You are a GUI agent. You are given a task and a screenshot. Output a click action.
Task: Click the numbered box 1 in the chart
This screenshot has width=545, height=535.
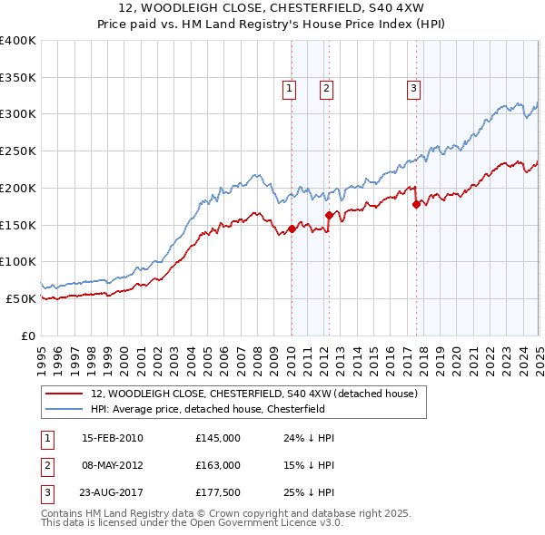click(289, 88)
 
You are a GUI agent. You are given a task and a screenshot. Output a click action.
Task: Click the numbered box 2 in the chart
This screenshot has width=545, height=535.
click(325, 88)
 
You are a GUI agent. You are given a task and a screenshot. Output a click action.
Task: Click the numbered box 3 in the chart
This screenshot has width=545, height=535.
click(413, 88)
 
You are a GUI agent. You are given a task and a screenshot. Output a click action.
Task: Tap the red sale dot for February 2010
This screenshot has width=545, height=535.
click(292, 229)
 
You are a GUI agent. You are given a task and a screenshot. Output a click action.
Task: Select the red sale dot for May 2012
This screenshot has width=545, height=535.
click(328, 215)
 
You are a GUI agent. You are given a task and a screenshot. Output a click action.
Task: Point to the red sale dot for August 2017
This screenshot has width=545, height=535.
click(416, 204)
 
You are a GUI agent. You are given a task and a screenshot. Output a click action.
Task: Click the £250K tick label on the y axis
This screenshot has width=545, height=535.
click(18, 151)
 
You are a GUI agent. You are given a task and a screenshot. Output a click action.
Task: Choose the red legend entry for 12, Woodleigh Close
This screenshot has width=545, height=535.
click(253, 394)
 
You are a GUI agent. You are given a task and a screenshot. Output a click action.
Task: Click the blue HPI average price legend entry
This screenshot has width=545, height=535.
click(217, 409)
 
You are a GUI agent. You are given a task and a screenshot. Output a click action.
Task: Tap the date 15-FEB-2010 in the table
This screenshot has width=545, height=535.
click(113, 438)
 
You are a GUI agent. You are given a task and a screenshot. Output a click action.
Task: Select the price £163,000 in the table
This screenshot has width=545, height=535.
click(218, 465)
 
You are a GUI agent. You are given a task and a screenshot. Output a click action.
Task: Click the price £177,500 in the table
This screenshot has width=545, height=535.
click(218, 492)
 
